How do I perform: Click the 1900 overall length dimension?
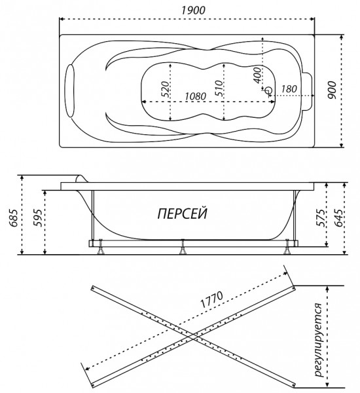193,10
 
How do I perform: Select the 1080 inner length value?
196,96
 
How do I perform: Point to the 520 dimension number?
165,89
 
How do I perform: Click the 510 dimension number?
219,88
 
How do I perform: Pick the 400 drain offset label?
257,75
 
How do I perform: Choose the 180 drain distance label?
289,88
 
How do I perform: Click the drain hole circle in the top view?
268,90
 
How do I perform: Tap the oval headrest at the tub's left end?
70,90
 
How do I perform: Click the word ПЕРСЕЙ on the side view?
183,214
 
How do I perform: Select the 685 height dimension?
13,218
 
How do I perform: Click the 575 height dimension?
321,218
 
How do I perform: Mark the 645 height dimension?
338,218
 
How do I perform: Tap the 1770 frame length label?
211,299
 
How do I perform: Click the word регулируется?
319,339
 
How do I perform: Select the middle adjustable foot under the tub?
183,247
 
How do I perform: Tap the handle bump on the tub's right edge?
308,90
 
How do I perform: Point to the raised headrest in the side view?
81,178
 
